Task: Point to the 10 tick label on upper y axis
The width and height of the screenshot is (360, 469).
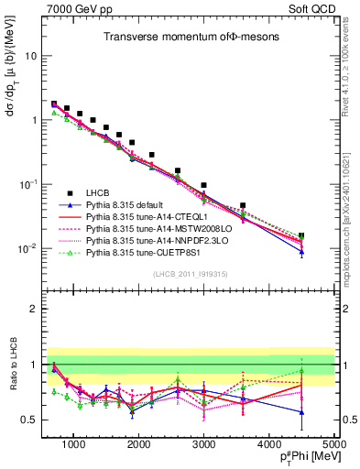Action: tap(30, 56)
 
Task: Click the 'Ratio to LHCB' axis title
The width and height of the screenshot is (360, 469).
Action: tap(13, 365)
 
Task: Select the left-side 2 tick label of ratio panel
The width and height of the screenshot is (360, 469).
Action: tap(34, 309)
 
